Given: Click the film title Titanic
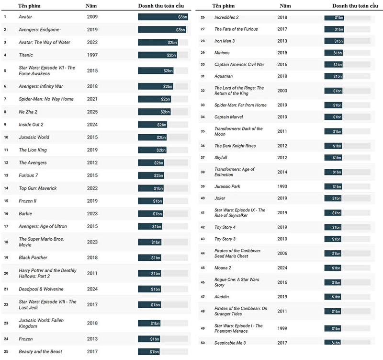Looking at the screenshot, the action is (x=26, y=55).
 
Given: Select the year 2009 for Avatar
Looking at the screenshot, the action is (x=92, y=17).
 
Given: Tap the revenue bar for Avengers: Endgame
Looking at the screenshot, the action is (x=162, y=30).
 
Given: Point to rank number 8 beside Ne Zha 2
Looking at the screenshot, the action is (x=5, y=112).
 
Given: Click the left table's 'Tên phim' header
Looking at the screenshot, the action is (x=29, y=6).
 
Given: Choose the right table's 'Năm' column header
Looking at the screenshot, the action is (x=285, y=6).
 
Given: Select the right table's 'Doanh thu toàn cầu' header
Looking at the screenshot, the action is (x=355, y=6).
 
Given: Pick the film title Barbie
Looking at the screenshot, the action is (x=25, y=213).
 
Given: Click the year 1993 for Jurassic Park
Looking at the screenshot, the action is (x=282, y=186).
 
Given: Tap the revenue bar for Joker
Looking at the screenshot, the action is (x=333, y=198).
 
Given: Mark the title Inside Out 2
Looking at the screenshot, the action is (x=31, y=125).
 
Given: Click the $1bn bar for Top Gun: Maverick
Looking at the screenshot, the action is (x=151, y=188).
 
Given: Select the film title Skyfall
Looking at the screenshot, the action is (x=221, y=158).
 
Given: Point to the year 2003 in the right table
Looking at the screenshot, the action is (x=282, y=91).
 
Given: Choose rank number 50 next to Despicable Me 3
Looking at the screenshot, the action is (x=203, y=343).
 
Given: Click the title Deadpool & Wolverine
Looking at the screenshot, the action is (x=41, y=289).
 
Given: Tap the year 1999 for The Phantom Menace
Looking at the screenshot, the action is (x=282, y=328).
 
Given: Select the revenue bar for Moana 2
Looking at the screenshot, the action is (x=333, y=268).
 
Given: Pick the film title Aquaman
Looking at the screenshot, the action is (x=224, y=76).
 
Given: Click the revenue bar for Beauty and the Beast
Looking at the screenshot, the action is (x=149, y=352).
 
